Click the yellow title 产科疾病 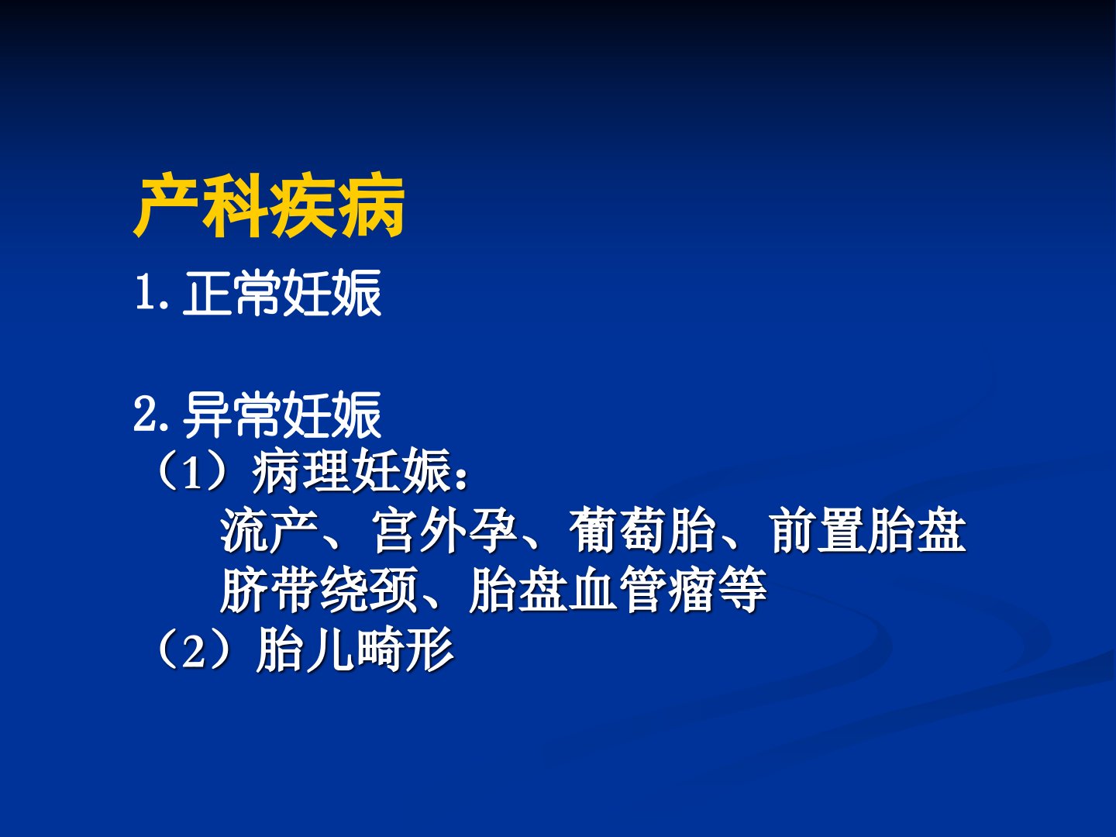(269, 208)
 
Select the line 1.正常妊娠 (258, 293)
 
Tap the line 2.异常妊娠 (257, 415)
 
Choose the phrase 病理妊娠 (351, 471)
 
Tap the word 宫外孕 (444, 530)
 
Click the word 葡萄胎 (642, 530)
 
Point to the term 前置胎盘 (868, 530)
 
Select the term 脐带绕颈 (319, 590)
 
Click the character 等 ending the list (742, 590)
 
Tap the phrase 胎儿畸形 (355, 650)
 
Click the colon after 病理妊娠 (462, 478)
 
